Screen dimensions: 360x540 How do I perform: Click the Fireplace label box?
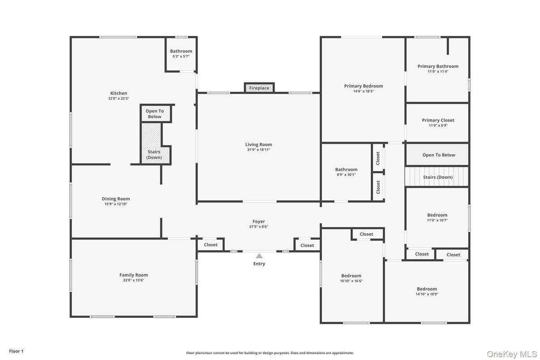click(259, 88)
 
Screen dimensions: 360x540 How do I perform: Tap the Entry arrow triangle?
click(259, 256)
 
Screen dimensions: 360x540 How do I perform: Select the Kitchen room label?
click(119, 93)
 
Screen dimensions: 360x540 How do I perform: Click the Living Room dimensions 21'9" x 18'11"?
click(258, 150)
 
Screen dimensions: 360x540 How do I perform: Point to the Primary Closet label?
click(438, 120)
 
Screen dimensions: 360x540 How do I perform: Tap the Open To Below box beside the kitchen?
click(155, 114)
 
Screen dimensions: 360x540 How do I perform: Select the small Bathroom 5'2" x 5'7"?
click(181, 54)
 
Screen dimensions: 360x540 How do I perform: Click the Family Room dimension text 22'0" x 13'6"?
click(133, 280)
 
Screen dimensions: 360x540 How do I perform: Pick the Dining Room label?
click(116, 199)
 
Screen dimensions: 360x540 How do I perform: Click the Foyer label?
click(259, 221)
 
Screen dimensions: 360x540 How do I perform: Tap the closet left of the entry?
click(210, 245)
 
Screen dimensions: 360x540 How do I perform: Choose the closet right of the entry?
click(307, 245)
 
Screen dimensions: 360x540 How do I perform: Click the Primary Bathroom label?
click(438, 66)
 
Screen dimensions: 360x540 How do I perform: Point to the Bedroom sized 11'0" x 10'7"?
click(437, 217)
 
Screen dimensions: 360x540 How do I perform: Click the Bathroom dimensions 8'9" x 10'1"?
click(346, 175)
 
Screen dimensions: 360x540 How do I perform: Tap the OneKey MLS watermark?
click(511, 354)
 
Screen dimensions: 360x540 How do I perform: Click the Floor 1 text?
click(16, 351)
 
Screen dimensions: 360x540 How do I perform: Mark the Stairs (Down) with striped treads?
click(437, 177)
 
